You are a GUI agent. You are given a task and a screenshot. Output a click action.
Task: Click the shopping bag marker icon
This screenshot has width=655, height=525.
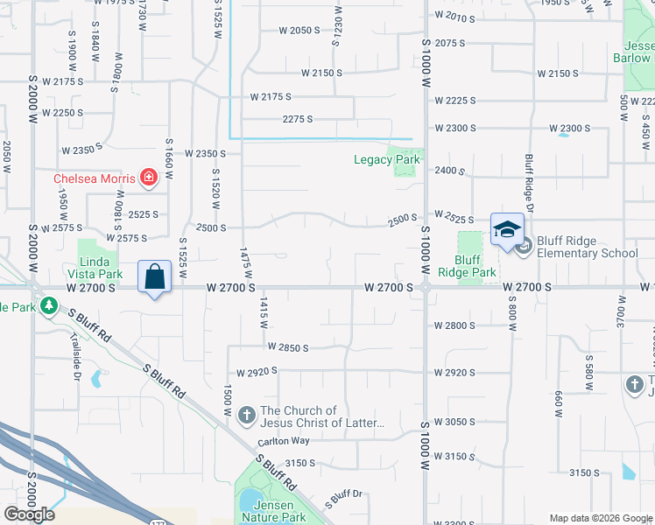(x=154, y=277)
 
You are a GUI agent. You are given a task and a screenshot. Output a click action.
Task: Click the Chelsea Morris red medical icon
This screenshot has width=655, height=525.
(x=149, y=178)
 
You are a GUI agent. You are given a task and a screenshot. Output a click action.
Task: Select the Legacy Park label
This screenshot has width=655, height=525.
(x=387, y=159)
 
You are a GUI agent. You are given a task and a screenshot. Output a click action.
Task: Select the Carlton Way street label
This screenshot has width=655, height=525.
(x=284, y=442)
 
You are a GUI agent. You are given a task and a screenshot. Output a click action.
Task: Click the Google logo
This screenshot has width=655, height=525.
(x=29, y=514)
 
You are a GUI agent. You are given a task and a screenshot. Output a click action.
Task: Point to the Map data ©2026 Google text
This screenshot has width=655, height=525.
(x=601, y=518)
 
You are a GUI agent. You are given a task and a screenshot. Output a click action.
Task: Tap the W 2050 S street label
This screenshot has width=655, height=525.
(x=299, y=31)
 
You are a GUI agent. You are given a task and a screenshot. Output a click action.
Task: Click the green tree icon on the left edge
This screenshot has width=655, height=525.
(x=50, y=305)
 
